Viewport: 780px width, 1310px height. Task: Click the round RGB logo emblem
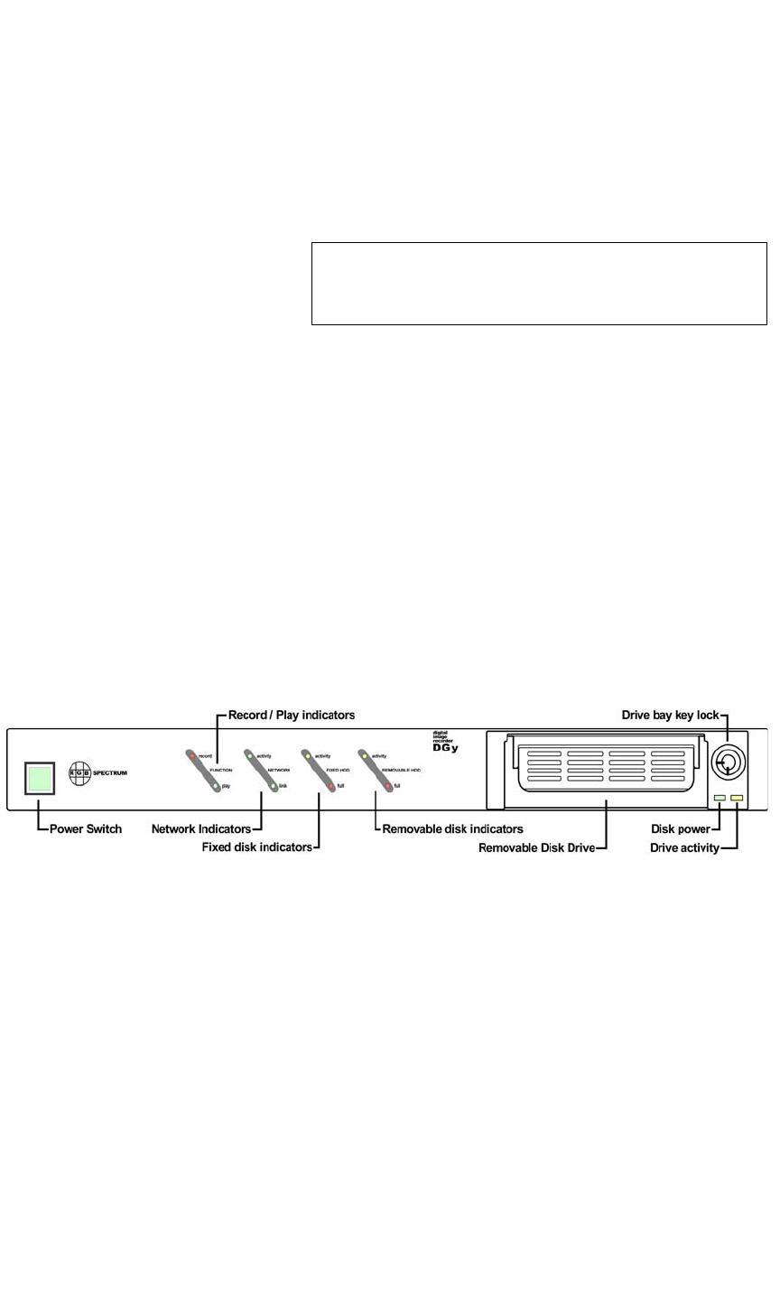pyautogui.click(x=79, y=773)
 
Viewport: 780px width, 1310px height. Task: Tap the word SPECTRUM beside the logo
pyautogui.click(x=110, y=773)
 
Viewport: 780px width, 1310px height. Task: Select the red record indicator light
pyautogui.click(x=191, y=755)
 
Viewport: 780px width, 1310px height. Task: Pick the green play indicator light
pyautogui.click(x=217, y=786)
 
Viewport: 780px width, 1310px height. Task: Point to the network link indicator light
pyautogui.click(x=273, y=786)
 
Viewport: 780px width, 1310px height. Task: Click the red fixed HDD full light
pyautogui.click(x=331, y=786)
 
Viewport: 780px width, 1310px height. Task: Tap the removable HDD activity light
pyautogui.click(x=364, y=755)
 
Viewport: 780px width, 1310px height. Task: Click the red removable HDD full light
pyautogui.click(x=388, y=786)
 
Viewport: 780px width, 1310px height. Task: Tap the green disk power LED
pyautogui.click(x=719, y=799)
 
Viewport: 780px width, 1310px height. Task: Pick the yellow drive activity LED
pyautogui.click(x=737, y=799)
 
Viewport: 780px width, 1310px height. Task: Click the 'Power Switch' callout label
pyautogui.click(x=86, y=828)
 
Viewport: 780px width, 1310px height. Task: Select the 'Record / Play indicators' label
pyautogui.click(x=292, y=715)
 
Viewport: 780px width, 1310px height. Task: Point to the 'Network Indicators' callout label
pyautogui.click(x=201, y=828)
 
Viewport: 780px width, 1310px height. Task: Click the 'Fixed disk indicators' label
pyautogui.click(x=257, y=847)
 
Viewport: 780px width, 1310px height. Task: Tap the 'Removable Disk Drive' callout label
pyautogui.click(x=536, y=847)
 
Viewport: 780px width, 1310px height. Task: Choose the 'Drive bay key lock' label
pyautogui.click(x=671, y=715)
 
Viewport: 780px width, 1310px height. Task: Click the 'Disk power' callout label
pyautogui.click(x=681, y=828)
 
